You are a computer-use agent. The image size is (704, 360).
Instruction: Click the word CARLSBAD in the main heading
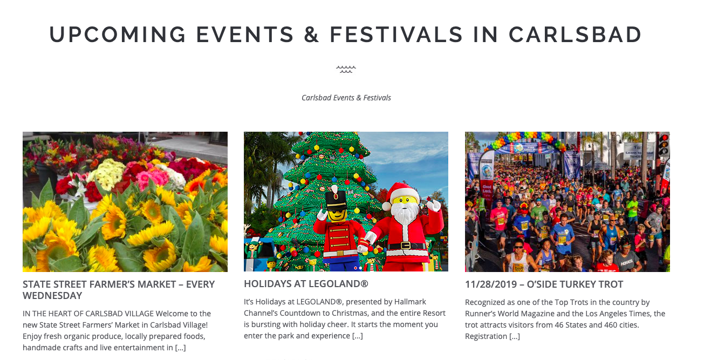click(575, 34)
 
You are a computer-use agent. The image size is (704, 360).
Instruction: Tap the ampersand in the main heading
click(311, 34)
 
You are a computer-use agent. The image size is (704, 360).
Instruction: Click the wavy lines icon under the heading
click(346, 69)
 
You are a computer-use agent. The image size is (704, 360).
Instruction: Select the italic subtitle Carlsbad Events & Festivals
click(346, 98)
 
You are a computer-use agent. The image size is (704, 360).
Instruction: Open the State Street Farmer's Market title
click(119, 290)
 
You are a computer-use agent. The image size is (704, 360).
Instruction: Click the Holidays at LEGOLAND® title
click(306, 284)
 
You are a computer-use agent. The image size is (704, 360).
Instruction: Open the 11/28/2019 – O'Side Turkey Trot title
click(544, 284)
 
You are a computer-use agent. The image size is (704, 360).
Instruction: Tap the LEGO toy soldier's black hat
click(336, 200)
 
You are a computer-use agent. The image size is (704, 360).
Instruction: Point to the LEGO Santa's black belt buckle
click(406, 245)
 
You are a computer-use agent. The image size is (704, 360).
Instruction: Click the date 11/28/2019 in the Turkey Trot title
click(490, 284)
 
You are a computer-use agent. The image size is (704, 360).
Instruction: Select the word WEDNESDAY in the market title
click(52, 296)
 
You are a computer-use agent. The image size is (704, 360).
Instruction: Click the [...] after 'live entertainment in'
click(180, 348)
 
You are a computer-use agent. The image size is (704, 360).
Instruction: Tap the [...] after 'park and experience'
click(357, 336)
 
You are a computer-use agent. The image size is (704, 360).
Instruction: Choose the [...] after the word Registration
click(515, 336)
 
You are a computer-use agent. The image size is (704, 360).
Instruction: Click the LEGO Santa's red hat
click(400, 192)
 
